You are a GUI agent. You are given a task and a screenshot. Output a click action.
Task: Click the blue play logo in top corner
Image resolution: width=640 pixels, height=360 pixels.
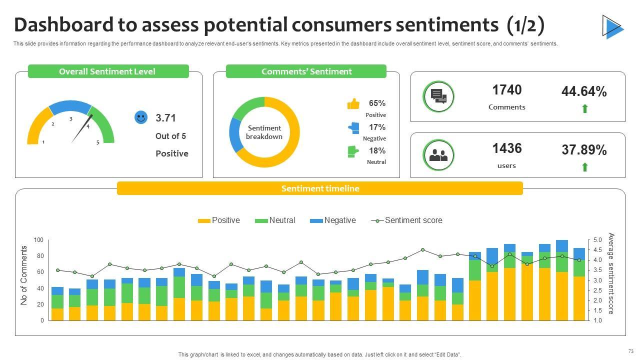pos(612,26)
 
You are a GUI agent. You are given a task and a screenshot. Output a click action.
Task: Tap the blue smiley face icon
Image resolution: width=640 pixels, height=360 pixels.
pos(141,117)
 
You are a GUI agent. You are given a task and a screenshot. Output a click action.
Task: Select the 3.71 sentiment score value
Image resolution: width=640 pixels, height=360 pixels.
pos(165,118)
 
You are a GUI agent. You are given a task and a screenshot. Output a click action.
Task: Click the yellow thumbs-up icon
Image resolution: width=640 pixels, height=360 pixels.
pos(353,104)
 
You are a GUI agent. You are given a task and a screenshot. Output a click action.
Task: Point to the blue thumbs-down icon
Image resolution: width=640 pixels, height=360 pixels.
pos(353,127)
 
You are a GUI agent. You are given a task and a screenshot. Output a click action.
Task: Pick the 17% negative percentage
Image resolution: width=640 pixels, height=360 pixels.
pos(377,127)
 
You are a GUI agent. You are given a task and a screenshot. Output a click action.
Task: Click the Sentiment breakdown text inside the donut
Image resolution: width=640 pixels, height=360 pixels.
pos(264,132)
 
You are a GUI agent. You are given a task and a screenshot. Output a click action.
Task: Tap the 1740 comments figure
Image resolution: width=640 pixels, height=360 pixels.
pos(506,90)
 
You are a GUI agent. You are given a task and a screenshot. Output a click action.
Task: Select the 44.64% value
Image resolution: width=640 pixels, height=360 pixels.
pos(584,91)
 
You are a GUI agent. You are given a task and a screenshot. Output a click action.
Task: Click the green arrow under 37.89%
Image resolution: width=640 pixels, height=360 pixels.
pos(585,167)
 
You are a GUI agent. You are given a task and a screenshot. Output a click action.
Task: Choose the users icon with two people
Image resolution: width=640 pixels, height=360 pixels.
pos(438,155)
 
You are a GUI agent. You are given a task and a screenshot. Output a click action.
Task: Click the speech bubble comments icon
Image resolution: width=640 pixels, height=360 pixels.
pos(438,96)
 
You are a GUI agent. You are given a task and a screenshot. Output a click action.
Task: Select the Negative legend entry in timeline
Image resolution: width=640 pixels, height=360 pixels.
pos(333,220)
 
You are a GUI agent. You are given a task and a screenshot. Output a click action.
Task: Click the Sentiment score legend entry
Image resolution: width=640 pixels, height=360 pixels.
pos(407,220)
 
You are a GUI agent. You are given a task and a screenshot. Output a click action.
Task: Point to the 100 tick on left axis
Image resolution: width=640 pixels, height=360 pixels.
pos(38,240)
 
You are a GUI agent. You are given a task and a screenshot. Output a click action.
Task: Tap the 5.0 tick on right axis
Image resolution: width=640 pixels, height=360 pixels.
pos(597,240)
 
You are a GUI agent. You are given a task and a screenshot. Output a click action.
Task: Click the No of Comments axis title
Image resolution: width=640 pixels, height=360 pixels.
pos(24,275)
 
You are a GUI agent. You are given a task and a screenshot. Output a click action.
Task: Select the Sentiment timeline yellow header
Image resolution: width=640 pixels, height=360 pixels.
pos(320,188)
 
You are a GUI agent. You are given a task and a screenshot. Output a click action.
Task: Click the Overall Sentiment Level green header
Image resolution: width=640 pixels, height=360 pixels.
pos(108,71)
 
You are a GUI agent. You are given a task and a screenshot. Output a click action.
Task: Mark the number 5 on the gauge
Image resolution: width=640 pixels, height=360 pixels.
pos(98,142)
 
